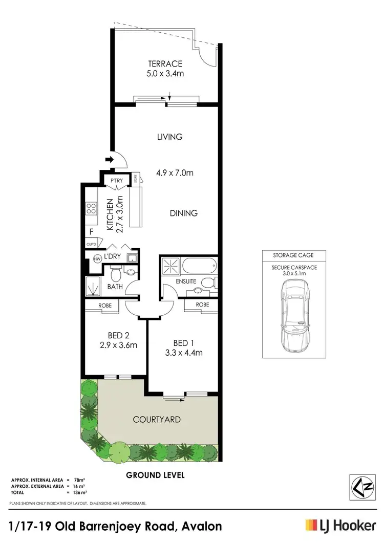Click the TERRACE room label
165,64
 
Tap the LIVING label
170,137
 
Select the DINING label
183,213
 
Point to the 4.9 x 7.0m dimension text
175,173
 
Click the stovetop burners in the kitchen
92,208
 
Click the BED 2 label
118,335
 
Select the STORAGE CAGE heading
294,254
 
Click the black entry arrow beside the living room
109,160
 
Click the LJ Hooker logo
340,526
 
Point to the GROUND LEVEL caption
155,475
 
